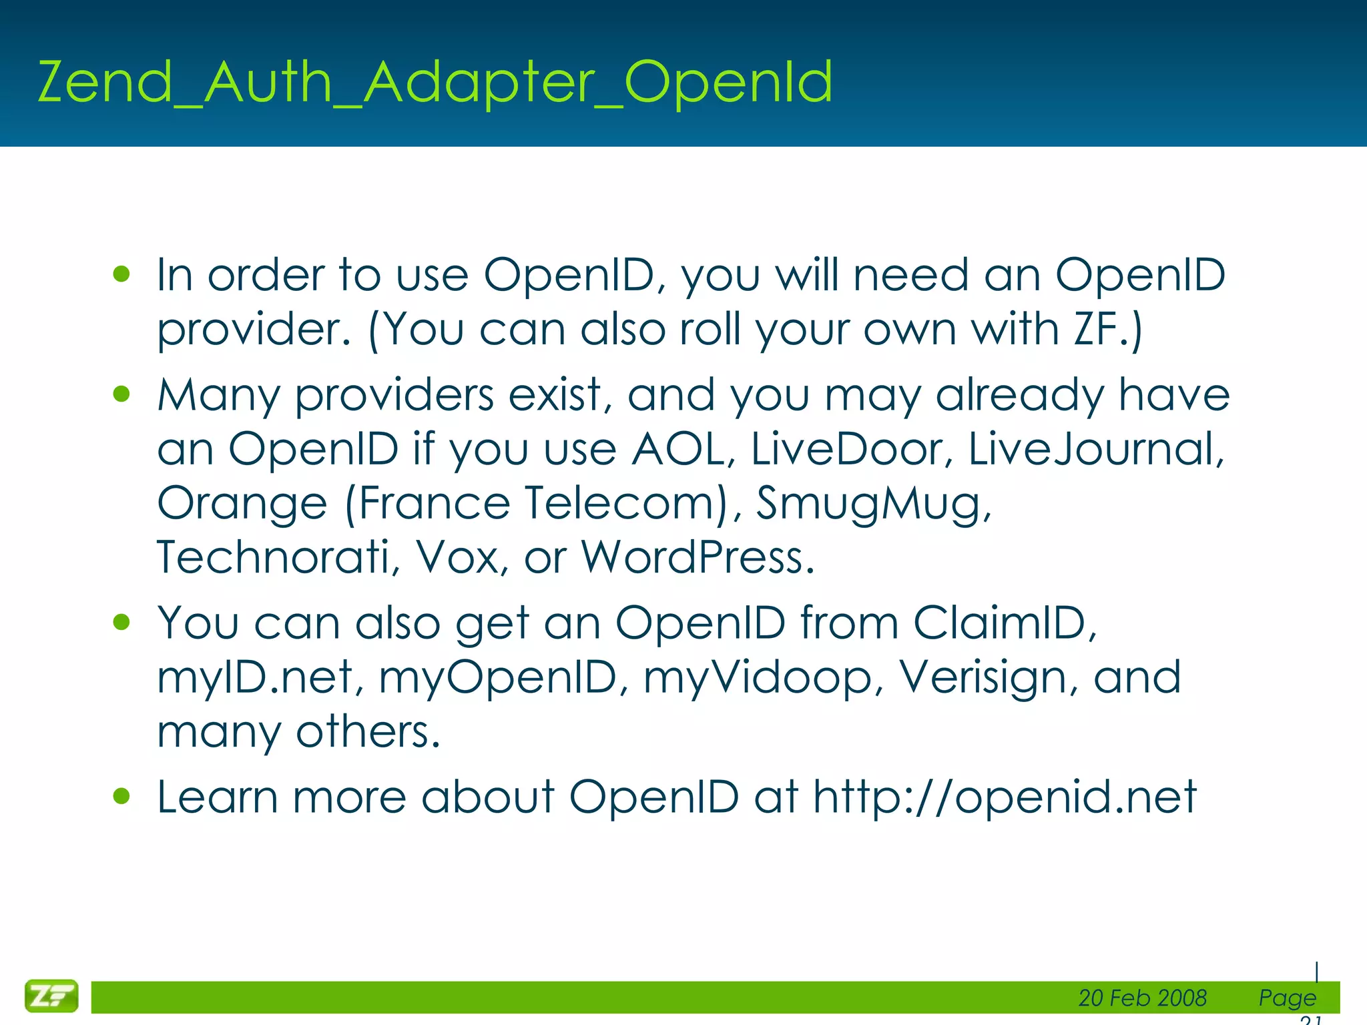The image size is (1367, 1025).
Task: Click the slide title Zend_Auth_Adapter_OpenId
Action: point(435,83)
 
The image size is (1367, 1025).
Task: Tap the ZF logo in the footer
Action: point(51,996)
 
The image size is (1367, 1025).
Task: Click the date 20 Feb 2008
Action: point(1142,998)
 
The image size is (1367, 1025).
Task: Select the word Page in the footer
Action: point(1287,998)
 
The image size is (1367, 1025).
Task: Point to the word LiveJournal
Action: point(1095,448)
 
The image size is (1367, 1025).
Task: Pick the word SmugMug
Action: point(872,502)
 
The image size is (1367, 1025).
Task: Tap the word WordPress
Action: point(697,557)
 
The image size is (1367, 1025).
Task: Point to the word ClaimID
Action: point(1004,623)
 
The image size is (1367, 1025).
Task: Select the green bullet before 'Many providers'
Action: point(121,394)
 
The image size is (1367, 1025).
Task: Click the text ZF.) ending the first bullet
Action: point(1107,329)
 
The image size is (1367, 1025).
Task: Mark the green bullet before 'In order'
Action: point(121,274)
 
